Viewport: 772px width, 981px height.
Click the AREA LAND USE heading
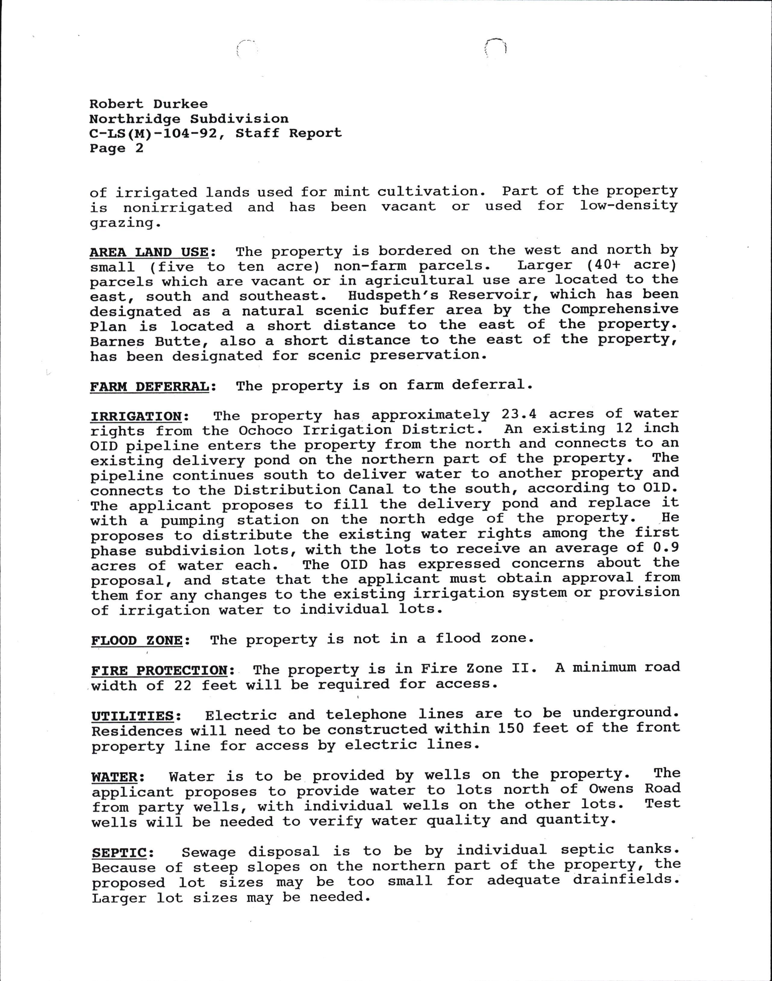[149, 252]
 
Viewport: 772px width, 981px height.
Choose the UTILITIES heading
[133, 716]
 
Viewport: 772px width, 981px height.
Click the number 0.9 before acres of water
[665, 548]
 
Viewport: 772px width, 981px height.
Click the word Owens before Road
[611, 789]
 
